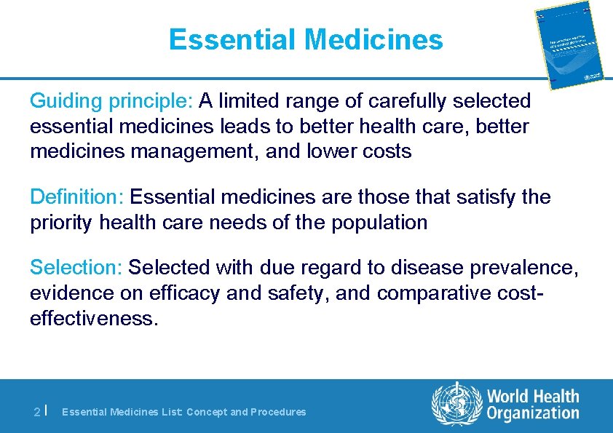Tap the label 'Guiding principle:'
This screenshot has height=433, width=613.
pyautogui.click(x=112, y=100)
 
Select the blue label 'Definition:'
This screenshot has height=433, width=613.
pyautogui.click(x=77, y=197)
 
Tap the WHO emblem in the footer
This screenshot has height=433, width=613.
pyautogui.click(x=456, y=405)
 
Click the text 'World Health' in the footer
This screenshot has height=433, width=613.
pyautogui.click(x=533, y=397)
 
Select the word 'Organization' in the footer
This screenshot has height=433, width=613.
pyautogui.click(x=533, y=414)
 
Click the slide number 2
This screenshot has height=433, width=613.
pyautogui.click(x=37, y=412)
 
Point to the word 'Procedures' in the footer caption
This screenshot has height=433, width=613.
pyautogui.click(x=278, y=412)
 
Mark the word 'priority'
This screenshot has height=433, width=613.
pyautogui.click(x=61, y=223)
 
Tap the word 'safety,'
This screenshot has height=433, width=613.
pyautogui.click(x=297, y=294)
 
